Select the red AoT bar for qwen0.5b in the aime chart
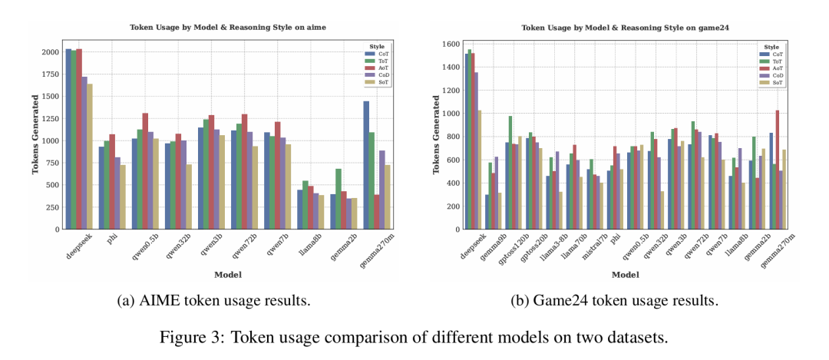[x=145, y=172]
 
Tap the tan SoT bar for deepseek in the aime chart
[x=90, y=157]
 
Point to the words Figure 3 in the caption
[x=250, y=335]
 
